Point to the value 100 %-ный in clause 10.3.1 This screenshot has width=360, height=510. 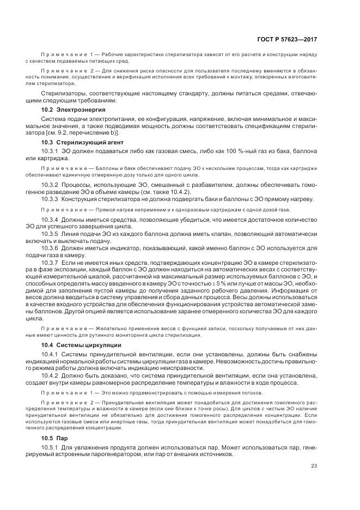point(231,150)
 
